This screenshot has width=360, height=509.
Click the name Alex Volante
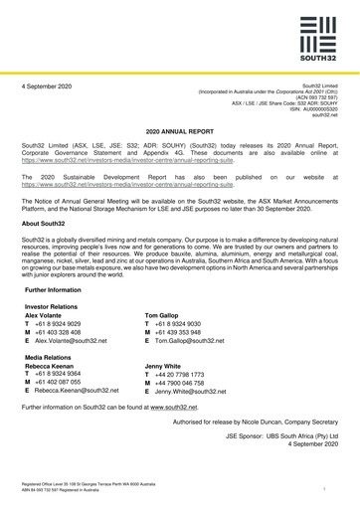point(60,319)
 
